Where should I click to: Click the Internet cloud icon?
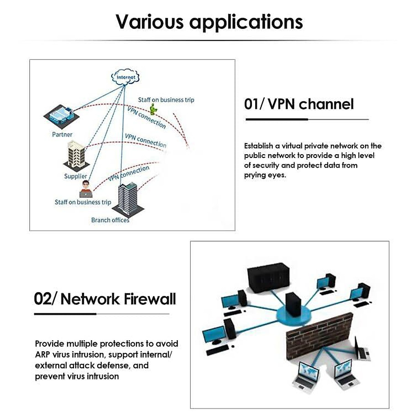pos(126,77)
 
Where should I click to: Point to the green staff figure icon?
pos(154,110)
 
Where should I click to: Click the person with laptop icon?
pos(86,189)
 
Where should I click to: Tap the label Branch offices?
pos(110,220)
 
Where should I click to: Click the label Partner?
pos(62,134)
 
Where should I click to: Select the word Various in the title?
pos(149,22)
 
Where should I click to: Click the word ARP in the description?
pos(42,354)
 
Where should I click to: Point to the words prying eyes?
pos(265,175)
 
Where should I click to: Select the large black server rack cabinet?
pos(268,278)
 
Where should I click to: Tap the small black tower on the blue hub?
pos(293,304)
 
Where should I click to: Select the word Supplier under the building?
pos(76,176)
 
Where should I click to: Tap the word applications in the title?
pos(246,22)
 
